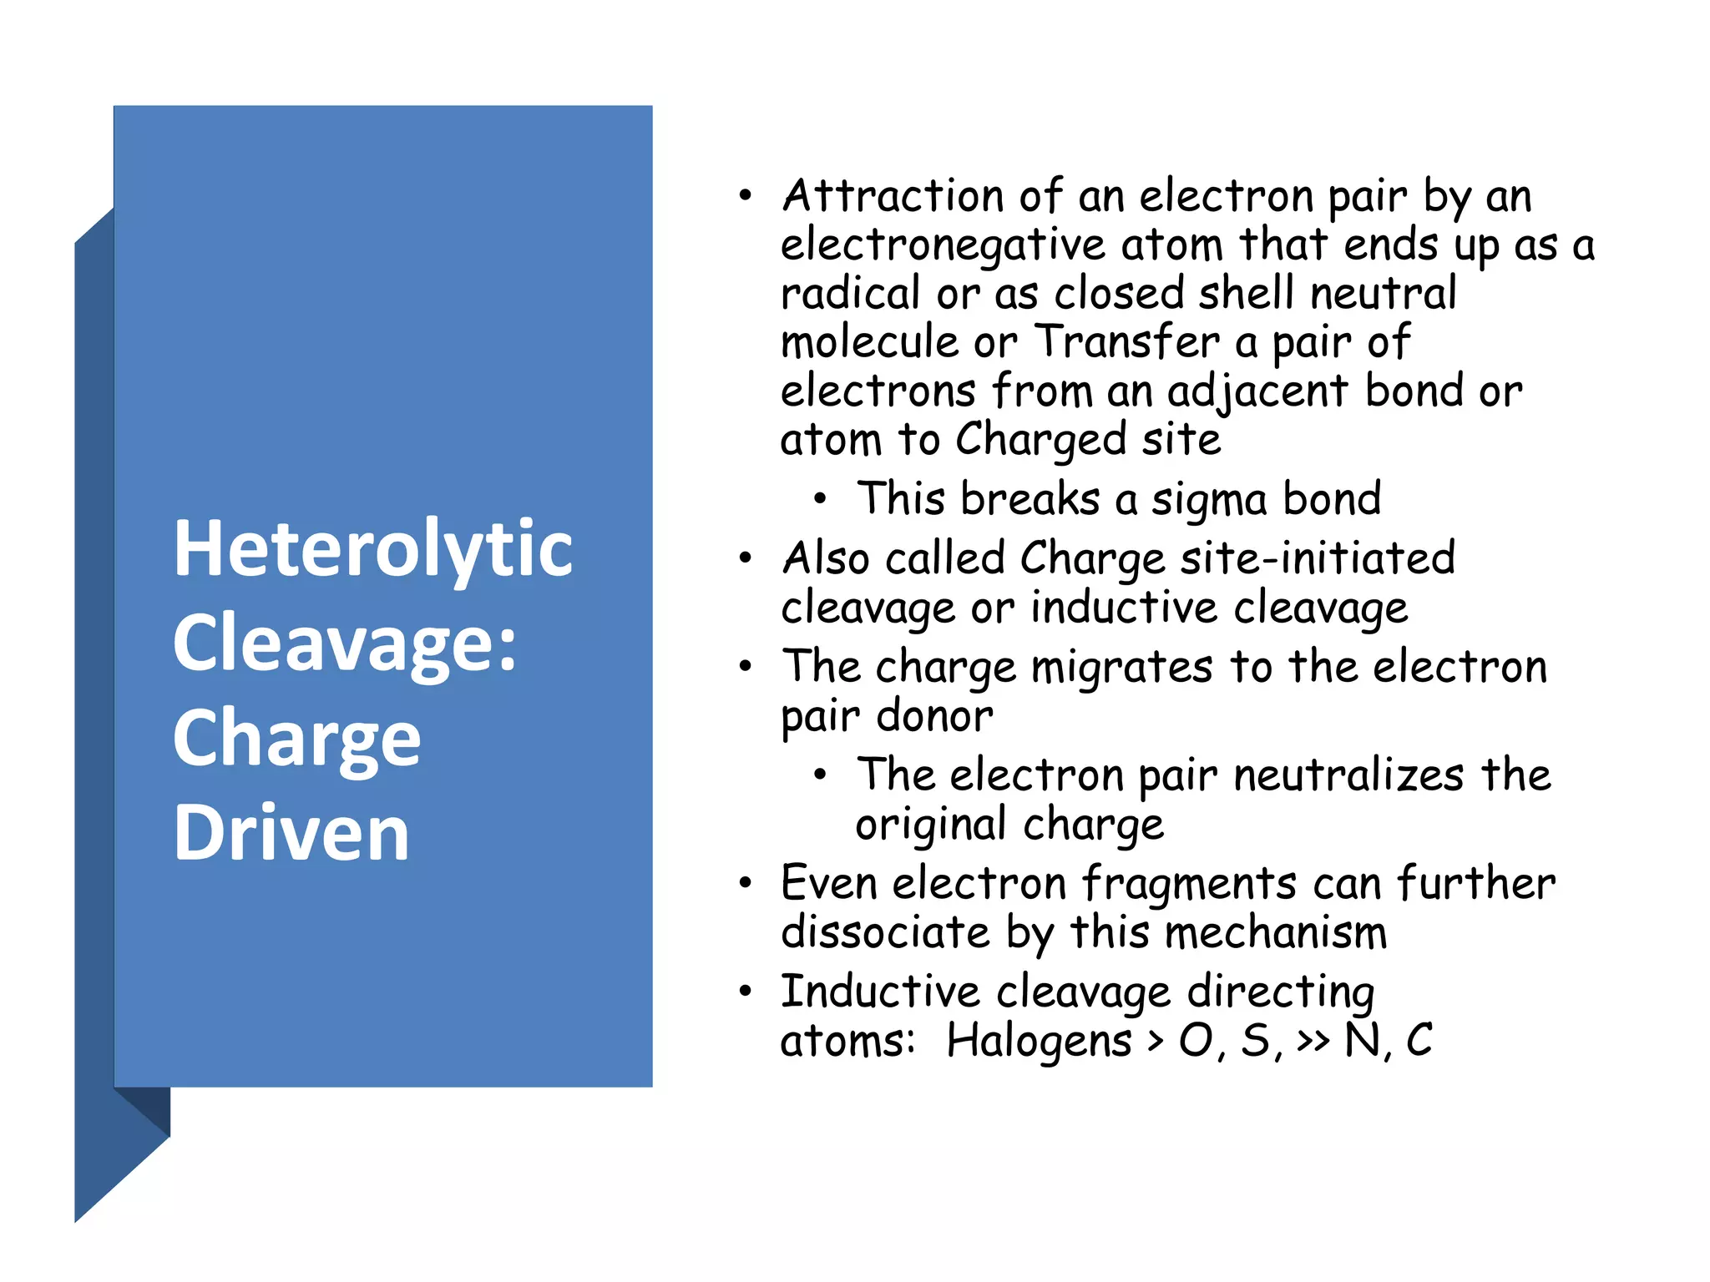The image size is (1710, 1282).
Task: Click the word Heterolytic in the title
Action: [x=372, y=550]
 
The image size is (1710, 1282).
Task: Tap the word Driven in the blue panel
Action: [x=291, y=832]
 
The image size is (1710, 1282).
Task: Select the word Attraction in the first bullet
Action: [x=893, y=197]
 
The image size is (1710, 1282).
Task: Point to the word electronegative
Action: [x=943, y=246]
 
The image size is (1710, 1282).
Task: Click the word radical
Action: [x=850, y=294]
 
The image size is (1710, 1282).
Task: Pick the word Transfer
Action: [x=1127, y=342]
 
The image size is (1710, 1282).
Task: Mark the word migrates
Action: [x=1121, y=668]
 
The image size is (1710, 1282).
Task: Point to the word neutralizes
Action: [x=1348, y=775]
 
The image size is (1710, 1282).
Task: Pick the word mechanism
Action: [x=1275, y=932]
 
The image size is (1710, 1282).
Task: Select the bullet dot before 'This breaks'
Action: [x=820, y=499]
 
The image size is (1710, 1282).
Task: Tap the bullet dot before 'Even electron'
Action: [x=745, y=883]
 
